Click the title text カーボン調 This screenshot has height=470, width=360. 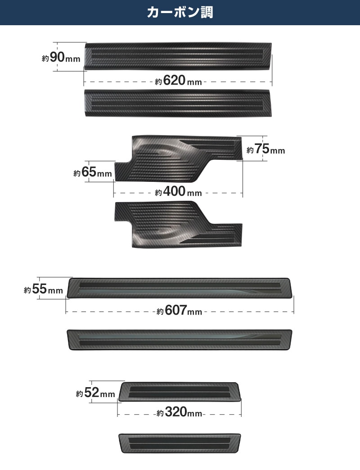click(180, 13)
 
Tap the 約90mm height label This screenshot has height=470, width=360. click(61, 57)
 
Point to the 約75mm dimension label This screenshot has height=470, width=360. click(265, 149)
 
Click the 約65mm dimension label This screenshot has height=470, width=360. click(93, 172)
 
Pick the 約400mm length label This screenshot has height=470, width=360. click(179, 191)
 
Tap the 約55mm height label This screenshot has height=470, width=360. click(44, 289)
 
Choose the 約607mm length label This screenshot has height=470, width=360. click(180, 310)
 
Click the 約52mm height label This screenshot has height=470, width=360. click(95, 393)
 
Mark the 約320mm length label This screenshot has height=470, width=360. click(180, 412)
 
